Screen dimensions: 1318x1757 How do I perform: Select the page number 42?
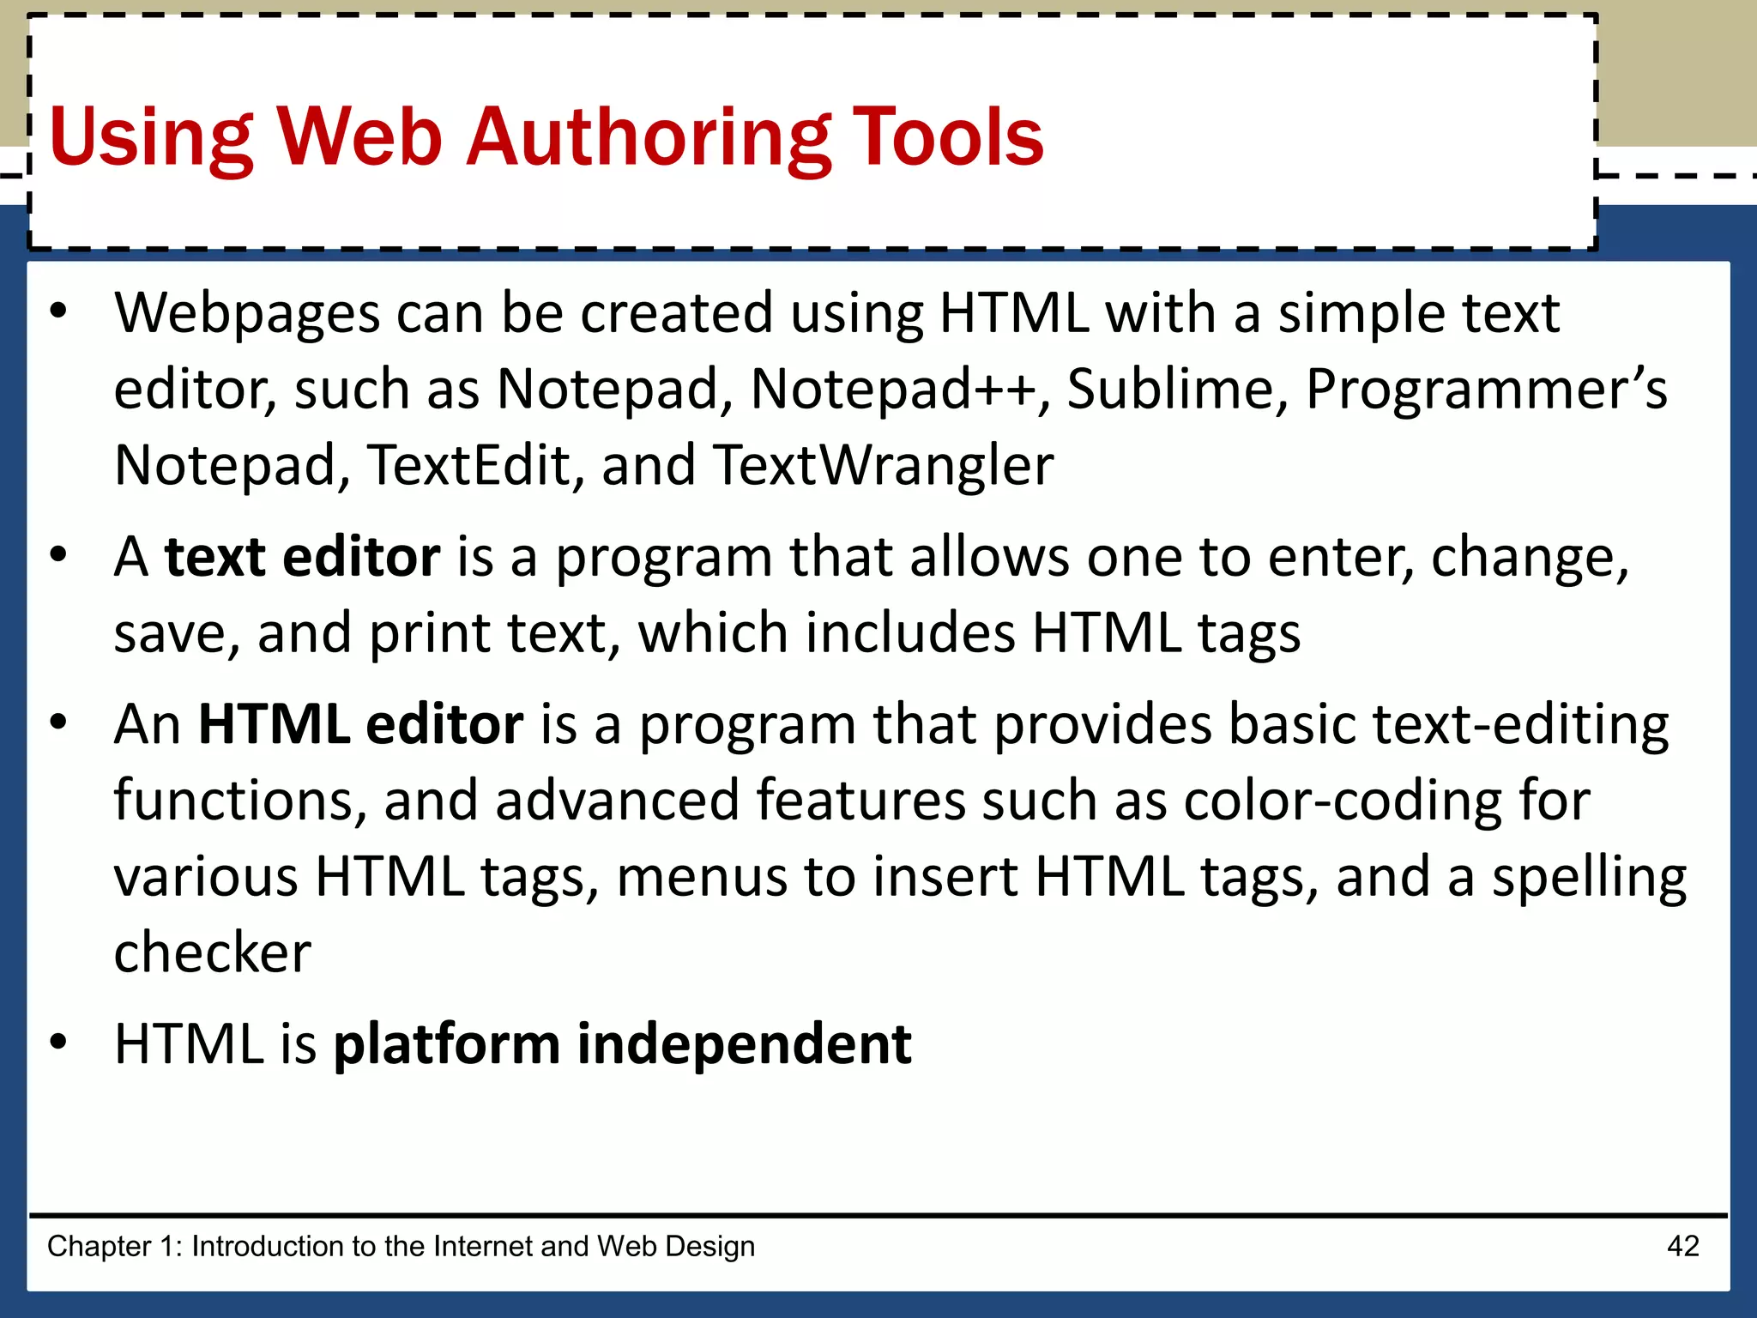point(1682,1246)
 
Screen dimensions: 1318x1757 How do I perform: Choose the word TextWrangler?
point(883,465)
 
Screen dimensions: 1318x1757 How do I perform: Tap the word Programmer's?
point(1486,389)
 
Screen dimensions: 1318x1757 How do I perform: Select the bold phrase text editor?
point(302,557)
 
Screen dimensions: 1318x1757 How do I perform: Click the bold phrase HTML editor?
point(360,724)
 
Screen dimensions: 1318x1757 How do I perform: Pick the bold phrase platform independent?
point(622,1044)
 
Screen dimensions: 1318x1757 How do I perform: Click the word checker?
point(212,952)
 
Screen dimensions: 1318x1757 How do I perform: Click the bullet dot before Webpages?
point(57,311)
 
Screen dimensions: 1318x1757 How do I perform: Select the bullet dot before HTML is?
point(57,1043)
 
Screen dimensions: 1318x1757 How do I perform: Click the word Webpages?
point(247,313)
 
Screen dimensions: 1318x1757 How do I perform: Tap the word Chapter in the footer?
point(99,1246)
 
